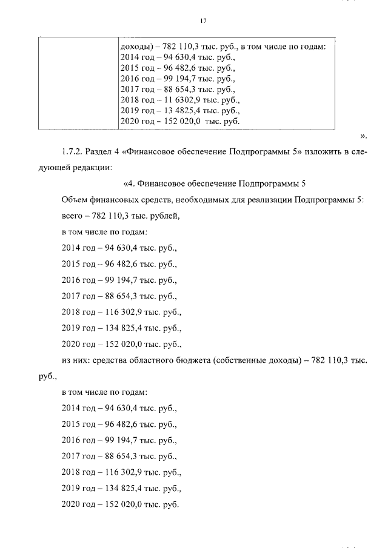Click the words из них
tap(73, 360)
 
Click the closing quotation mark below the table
tap(364, 136)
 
